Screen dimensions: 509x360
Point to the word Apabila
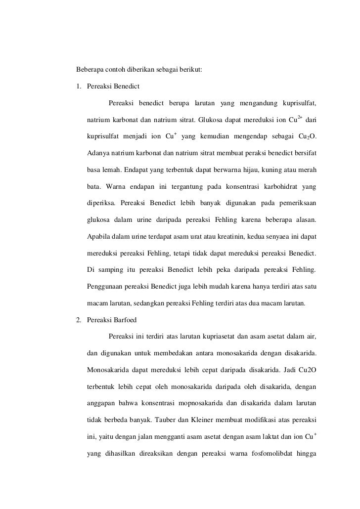98,235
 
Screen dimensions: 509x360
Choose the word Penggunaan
105,285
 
